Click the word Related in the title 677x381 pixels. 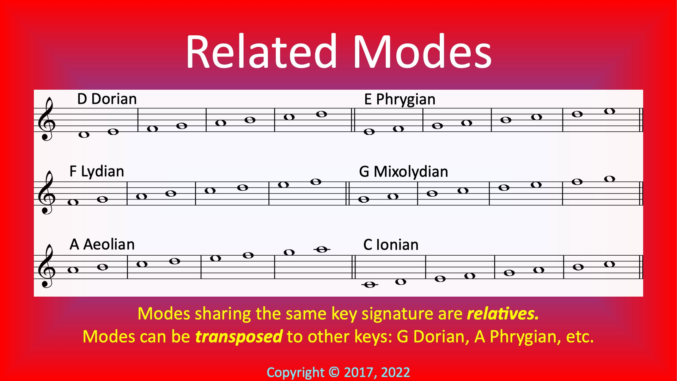tap(261, 52)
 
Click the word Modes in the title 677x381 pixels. tap(422, 52)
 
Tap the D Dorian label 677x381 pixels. tap(107, 99)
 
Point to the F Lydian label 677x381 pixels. tap(97, 172)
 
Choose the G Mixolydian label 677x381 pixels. tap(403, 172)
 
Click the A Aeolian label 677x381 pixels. tap(102, 244)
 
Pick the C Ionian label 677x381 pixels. tap(391, 245)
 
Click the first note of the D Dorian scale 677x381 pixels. tap(84, 135)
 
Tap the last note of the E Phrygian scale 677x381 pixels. tap(610, 111)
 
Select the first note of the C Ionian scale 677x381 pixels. tap(370, 285)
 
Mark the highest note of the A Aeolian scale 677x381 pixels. tap(322, 250)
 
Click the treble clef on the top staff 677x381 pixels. tap(47, 119)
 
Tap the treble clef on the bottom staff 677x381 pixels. tap(47, 266)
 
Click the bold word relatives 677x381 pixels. tap(503, 314)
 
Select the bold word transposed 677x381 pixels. tap(239, 337)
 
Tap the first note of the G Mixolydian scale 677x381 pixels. tap(364, 200)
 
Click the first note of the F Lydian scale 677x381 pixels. tap(73, 202)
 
